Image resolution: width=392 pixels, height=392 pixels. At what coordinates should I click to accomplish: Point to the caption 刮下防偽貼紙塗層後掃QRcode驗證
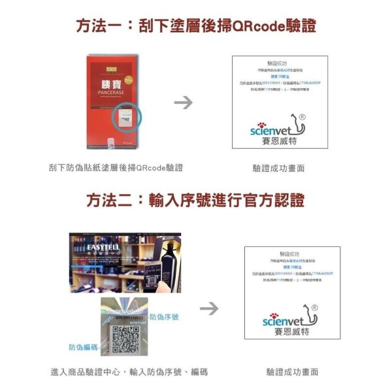pyautogui.click(x=116, y=168)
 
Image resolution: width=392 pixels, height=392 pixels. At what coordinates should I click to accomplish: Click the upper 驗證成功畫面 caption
pyautogui.click(x=279, y=169)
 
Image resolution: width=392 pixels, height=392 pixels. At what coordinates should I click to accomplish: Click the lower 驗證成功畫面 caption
pyautogui.click(x=292, y=372)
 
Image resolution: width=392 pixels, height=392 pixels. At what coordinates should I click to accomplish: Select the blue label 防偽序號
pyautogui.click(x=164, y=317)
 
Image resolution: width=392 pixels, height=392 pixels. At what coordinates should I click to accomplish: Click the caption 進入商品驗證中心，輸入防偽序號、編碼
pyautogui.click(x=129, y=372)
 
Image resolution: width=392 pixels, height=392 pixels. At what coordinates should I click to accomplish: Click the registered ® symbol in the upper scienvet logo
pyautogui.click(x=302, y=117)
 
